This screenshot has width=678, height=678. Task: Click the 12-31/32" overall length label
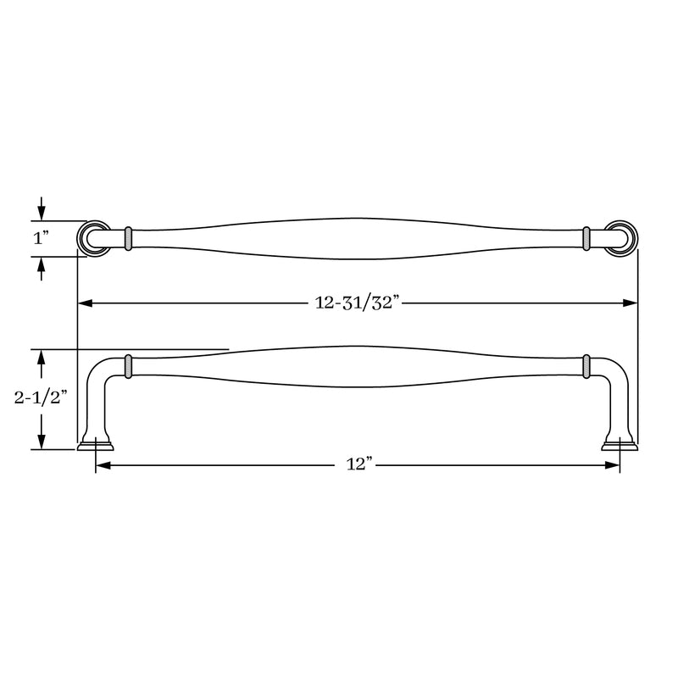pyautogui.click(x=354, y=303)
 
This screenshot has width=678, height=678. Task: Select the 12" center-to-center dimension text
pyautogui.click(x=359, y=464)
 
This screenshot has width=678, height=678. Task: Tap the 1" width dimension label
pyautogui.click(x=41, y=238)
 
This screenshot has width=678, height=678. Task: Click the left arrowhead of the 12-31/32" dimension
pyautogui.click(x=85, y=303)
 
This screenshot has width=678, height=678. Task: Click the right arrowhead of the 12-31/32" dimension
pyautogui.click(x=631, y=303)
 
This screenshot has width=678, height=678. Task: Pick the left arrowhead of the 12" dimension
pyautogui.click(x=103, y=465)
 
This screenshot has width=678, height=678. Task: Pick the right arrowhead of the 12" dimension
pyautogui.click(x=612, y=465)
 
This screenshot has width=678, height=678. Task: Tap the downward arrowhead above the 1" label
pyautogui.click(x=41, y=213)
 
